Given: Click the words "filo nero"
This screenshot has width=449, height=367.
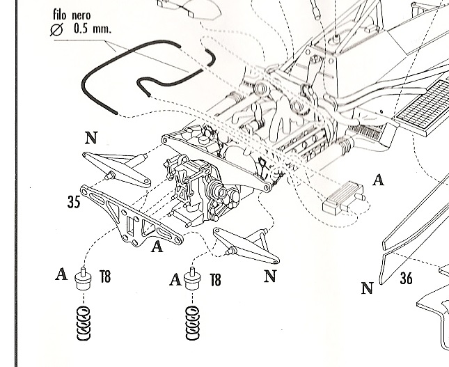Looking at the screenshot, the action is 72,15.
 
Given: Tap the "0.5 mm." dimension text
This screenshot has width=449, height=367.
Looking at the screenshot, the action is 92,29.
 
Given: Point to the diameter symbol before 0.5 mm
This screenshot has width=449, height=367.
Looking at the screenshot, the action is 56,29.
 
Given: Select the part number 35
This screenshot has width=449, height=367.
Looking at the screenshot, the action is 74,202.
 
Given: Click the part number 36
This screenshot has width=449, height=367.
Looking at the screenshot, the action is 406,278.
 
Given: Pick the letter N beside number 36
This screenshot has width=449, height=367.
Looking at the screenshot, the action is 368,288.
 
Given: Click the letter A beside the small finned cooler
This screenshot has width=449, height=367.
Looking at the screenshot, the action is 378,180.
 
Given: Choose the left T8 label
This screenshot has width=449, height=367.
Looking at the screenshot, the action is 105,276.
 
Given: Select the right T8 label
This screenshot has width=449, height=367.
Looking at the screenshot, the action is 216,280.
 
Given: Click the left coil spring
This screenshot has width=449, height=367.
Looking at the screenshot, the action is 84,323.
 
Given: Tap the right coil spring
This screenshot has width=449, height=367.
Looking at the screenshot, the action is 192,323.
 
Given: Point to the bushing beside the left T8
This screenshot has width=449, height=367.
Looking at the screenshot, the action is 83,279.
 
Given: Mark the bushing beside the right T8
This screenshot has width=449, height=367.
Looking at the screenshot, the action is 192,279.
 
